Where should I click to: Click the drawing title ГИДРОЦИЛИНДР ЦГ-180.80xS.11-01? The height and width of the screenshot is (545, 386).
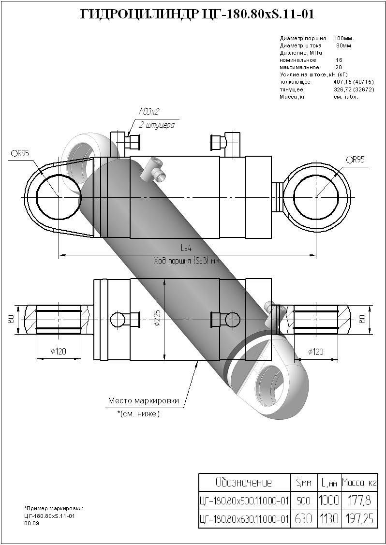coord(197,15)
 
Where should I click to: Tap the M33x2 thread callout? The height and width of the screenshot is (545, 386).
coord(149,113)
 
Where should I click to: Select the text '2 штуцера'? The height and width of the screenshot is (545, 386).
coord(156,124)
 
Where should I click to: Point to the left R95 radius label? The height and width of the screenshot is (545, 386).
coord(20,153)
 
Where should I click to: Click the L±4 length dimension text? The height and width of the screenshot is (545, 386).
coord(186,248)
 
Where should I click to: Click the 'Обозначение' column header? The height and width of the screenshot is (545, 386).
coord(243,482)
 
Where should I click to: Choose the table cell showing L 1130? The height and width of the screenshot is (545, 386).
coord(329,519)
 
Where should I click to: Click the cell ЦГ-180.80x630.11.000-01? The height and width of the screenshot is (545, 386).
coord(244,519)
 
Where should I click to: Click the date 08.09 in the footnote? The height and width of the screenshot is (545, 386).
coord(31,523)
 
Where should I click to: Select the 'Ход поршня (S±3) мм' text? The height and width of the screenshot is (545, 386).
coord(187,261)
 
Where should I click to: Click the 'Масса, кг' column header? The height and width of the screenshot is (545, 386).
coord(359,482)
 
